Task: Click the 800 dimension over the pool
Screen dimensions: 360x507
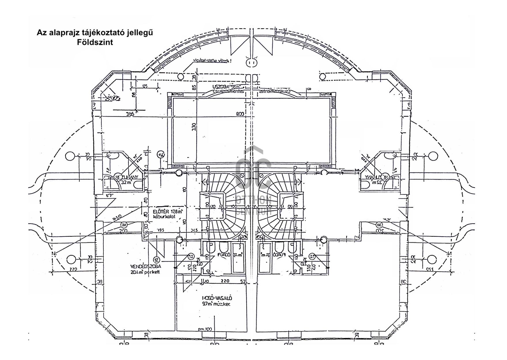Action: (240, 114)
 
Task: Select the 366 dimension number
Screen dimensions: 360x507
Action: (130, 114)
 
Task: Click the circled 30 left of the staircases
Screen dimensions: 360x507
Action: (124, 225)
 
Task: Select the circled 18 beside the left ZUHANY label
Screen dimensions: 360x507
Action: (118, 177)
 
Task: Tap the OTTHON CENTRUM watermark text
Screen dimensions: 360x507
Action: (253, 206)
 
